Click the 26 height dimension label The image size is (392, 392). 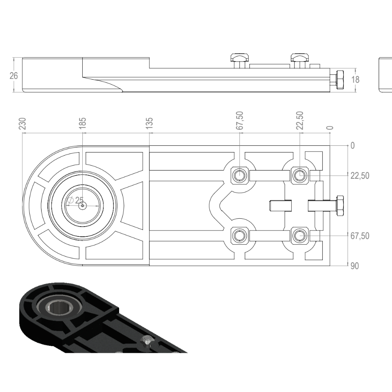14,76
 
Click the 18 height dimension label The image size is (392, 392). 355,80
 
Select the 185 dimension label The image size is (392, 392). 82,123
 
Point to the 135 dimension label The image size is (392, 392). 149,123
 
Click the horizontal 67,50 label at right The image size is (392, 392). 359,236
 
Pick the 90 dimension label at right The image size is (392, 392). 354,266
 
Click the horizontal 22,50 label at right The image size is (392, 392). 359,176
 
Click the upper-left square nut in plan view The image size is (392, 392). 239,175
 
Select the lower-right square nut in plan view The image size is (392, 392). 300,235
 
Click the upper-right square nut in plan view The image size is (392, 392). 300,175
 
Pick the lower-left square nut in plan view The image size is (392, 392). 239,235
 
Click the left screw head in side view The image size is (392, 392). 240,58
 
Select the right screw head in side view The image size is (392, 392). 300,58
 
